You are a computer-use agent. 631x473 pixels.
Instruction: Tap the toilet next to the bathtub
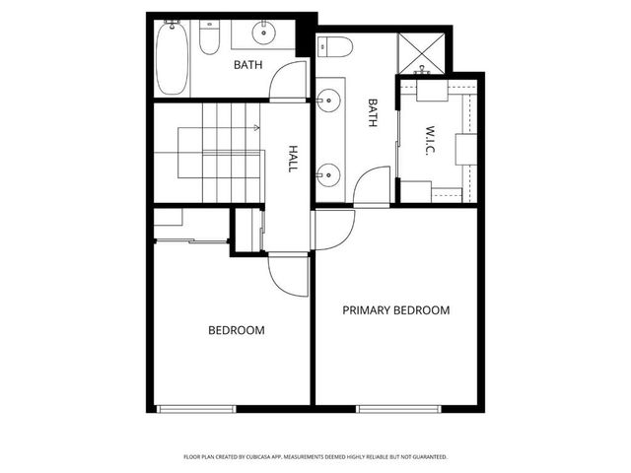[209, 38]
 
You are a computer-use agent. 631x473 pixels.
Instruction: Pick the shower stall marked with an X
[423, 55]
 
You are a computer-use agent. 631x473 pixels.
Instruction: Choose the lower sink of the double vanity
[326, 175]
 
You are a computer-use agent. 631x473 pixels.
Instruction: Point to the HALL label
[293, 160]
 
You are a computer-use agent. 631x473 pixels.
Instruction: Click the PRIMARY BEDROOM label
[395, 309]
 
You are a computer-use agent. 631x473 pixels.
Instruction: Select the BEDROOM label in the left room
[236, 330]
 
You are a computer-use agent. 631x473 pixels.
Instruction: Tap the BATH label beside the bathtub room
[246, 66]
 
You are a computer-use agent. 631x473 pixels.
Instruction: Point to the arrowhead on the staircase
[257, 128]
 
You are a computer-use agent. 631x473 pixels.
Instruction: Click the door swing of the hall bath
[286, 81]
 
